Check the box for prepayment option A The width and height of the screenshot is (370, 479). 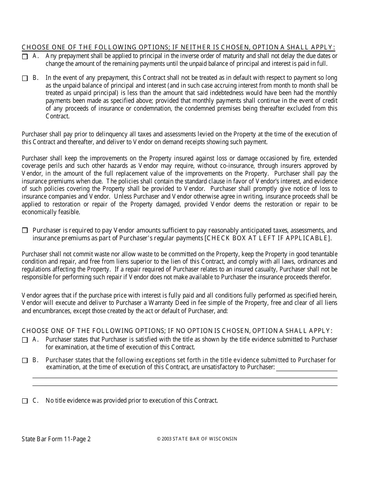[25, 56]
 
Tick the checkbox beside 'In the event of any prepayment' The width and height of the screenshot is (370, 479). [25, 78]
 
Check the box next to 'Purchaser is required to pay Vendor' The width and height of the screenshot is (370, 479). [25, 231]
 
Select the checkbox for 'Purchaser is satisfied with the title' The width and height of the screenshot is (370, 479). [25, 340]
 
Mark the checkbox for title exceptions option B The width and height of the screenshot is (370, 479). [25, 361]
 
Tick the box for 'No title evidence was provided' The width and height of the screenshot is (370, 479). [25, 401]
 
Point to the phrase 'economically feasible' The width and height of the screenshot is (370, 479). [51, 212]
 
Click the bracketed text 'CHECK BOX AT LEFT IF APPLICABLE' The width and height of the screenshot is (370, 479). [267, 238]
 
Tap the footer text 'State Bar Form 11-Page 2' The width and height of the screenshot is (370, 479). [56, 439]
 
